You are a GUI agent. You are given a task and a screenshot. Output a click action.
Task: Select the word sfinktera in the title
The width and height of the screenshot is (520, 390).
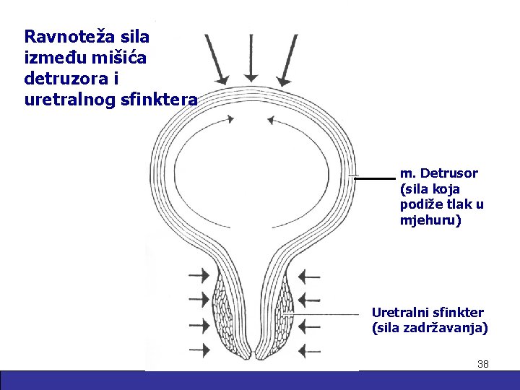tap(162, 100)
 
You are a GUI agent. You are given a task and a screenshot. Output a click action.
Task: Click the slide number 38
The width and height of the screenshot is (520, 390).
tap(483, 364)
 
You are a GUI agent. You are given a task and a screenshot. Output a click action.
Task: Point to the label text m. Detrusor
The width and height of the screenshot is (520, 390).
tap(438, 173)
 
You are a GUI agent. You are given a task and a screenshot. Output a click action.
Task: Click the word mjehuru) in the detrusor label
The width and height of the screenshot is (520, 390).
tap(430, 220)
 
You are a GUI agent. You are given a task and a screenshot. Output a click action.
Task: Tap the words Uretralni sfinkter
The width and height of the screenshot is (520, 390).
tap(428, 312)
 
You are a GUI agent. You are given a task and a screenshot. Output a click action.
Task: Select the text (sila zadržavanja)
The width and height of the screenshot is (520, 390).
tap(430, 329)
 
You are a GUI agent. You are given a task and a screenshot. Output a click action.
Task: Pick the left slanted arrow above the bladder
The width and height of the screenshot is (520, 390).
tap(216, 58)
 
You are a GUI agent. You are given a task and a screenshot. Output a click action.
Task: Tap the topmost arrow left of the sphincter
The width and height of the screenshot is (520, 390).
tap(199, 275)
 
